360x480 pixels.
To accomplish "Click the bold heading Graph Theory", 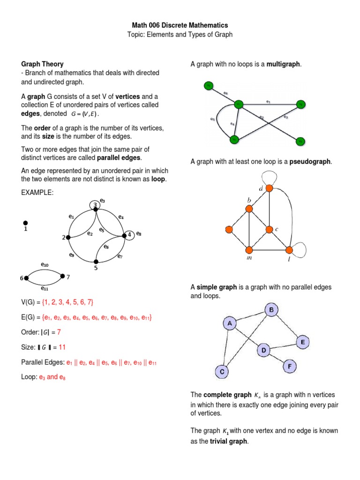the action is (x=43, y=64).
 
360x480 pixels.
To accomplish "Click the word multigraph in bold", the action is (x=284, y=64).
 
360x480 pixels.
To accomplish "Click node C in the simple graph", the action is (x=222, y=372).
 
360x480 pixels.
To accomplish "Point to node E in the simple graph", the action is (x=303, y=343).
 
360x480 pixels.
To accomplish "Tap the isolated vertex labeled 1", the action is (x=25, y=223).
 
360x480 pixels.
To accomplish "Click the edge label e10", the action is (x=45, y=265).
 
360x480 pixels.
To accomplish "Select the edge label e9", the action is (x=72, y=255).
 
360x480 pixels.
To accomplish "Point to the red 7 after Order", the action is (x=59, y=332).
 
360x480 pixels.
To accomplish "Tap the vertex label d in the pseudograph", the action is (x=261, y=189).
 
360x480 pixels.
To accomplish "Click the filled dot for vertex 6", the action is (x=26, y=278).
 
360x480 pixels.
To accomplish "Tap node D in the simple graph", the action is (x=264, y=350).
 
